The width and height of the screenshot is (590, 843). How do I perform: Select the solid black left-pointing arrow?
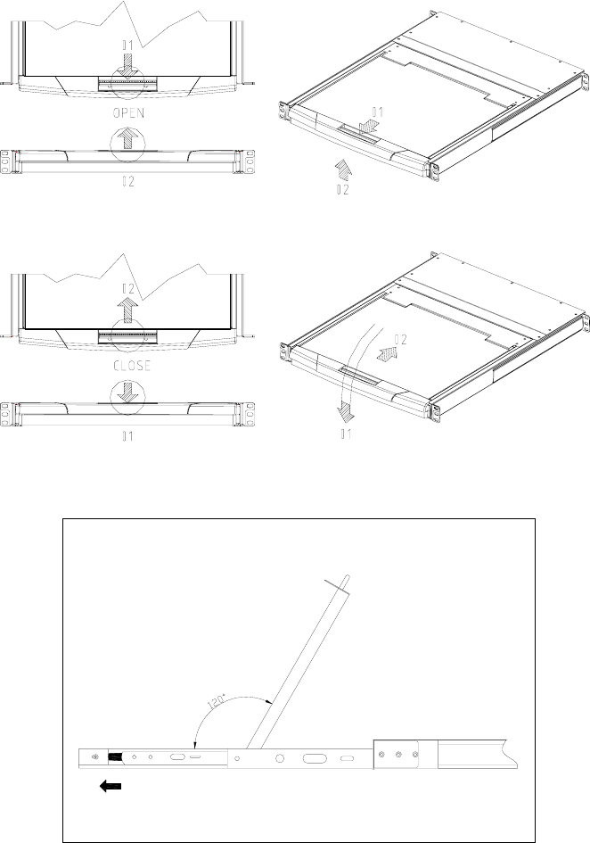(111, 787)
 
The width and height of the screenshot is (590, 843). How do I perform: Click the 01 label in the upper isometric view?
(377, 112)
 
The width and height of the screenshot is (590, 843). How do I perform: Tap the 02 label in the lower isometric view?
(400, 340)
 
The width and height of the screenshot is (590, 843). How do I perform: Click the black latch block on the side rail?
(115, 757)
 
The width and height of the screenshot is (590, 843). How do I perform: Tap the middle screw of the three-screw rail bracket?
(398, 755)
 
